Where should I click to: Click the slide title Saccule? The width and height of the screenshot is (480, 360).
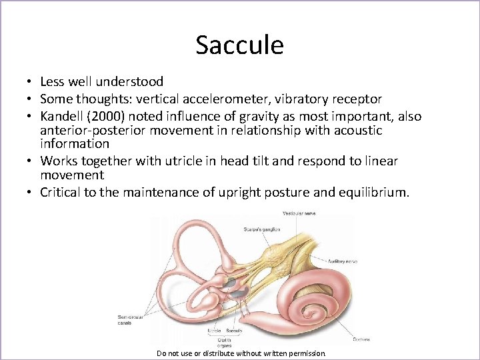[239, 45]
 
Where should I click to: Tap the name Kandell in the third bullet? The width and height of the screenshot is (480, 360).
[63, 117]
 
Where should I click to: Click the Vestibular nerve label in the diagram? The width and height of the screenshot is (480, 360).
[299, 213]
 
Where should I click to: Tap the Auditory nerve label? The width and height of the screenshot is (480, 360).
[341, 261]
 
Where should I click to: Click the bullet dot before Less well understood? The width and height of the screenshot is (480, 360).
[31, 82]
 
